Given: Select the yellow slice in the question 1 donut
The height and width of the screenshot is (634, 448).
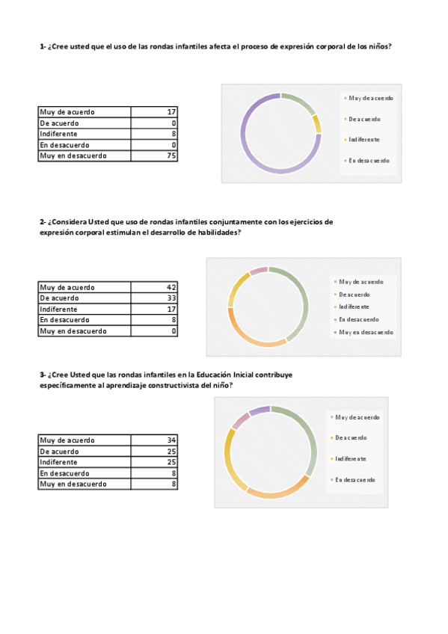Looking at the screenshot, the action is coord(317,123).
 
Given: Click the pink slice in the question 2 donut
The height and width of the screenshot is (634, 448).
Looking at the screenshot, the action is coord(258,270).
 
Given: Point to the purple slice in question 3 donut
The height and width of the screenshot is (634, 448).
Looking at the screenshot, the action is coord(259,410).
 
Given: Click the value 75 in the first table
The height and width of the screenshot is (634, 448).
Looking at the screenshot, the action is coord(171,156).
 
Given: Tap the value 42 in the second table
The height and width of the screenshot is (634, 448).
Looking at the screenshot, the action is coord(171,287).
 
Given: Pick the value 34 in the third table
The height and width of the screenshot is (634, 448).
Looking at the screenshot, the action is coord(171,440).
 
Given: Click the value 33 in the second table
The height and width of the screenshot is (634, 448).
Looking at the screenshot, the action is coord(171,298).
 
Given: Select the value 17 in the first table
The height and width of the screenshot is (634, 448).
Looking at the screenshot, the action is coord(171,112).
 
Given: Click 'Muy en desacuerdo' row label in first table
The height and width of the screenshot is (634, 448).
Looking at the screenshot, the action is coord(73,156).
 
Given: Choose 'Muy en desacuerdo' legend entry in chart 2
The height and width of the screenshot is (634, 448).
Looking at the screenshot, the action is coord(366,332).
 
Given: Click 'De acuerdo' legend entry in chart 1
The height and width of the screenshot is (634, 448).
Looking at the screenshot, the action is coord(364,119).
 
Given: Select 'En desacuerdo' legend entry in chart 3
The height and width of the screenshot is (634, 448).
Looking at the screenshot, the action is coord(355,479).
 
